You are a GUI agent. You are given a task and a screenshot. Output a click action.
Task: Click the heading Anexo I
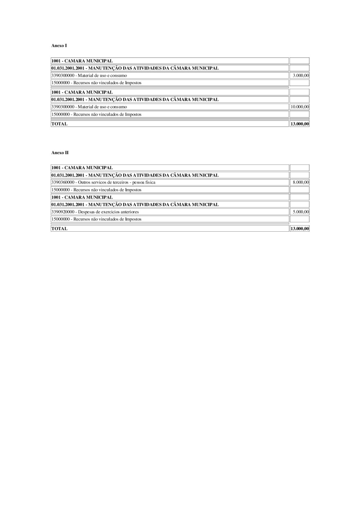click(x=59, y=46)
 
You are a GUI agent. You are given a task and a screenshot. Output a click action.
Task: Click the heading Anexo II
click(x=60, y=153)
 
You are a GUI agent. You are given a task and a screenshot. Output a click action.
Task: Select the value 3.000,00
click(x=301, y=76)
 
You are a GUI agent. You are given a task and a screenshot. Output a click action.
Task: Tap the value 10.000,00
click(x=300, y=107)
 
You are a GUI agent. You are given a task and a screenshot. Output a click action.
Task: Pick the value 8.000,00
click(x=301, y=182)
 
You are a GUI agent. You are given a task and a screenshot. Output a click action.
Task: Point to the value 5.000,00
click(x=301, y=212)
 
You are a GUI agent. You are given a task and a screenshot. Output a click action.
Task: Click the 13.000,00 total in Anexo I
click(x=300, y=124)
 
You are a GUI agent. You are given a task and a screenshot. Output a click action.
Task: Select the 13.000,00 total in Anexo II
click(x=300, y=228)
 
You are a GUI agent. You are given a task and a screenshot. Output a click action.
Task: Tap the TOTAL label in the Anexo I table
click(x=59, y=124)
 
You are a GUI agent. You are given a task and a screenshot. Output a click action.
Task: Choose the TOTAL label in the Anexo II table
click(x=59, y=228)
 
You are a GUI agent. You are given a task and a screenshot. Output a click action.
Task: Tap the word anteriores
click(x=129, y=212)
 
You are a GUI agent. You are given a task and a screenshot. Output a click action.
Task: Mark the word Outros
click(x=84, y=182)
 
